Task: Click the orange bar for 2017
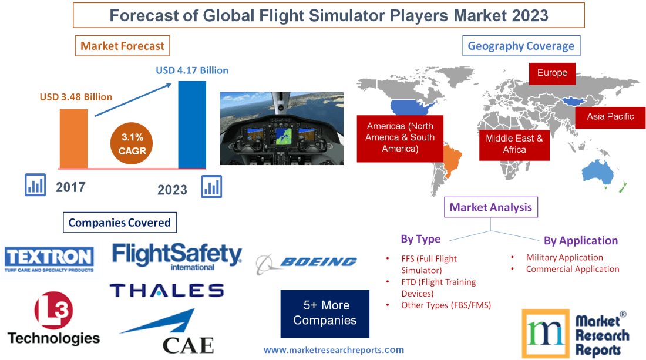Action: point(73,139)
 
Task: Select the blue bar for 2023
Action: point(192,125)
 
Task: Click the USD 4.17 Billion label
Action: point(192,70)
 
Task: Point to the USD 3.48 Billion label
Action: point(76,97)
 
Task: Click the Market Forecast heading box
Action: point(122,46)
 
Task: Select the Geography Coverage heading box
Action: point(521,46)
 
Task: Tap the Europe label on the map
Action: point(552,73)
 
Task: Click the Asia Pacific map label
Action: point(610,116)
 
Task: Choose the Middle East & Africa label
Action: point(514,144)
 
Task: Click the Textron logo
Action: point(49,259)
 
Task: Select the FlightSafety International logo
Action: point(177,257)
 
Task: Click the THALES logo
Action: point(167,290)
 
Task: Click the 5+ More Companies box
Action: point(325,313)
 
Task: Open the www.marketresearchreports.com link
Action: point(334,350)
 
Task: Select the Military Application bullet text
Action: point(564,257)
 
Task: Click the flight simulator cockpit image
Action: point(282,128)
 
